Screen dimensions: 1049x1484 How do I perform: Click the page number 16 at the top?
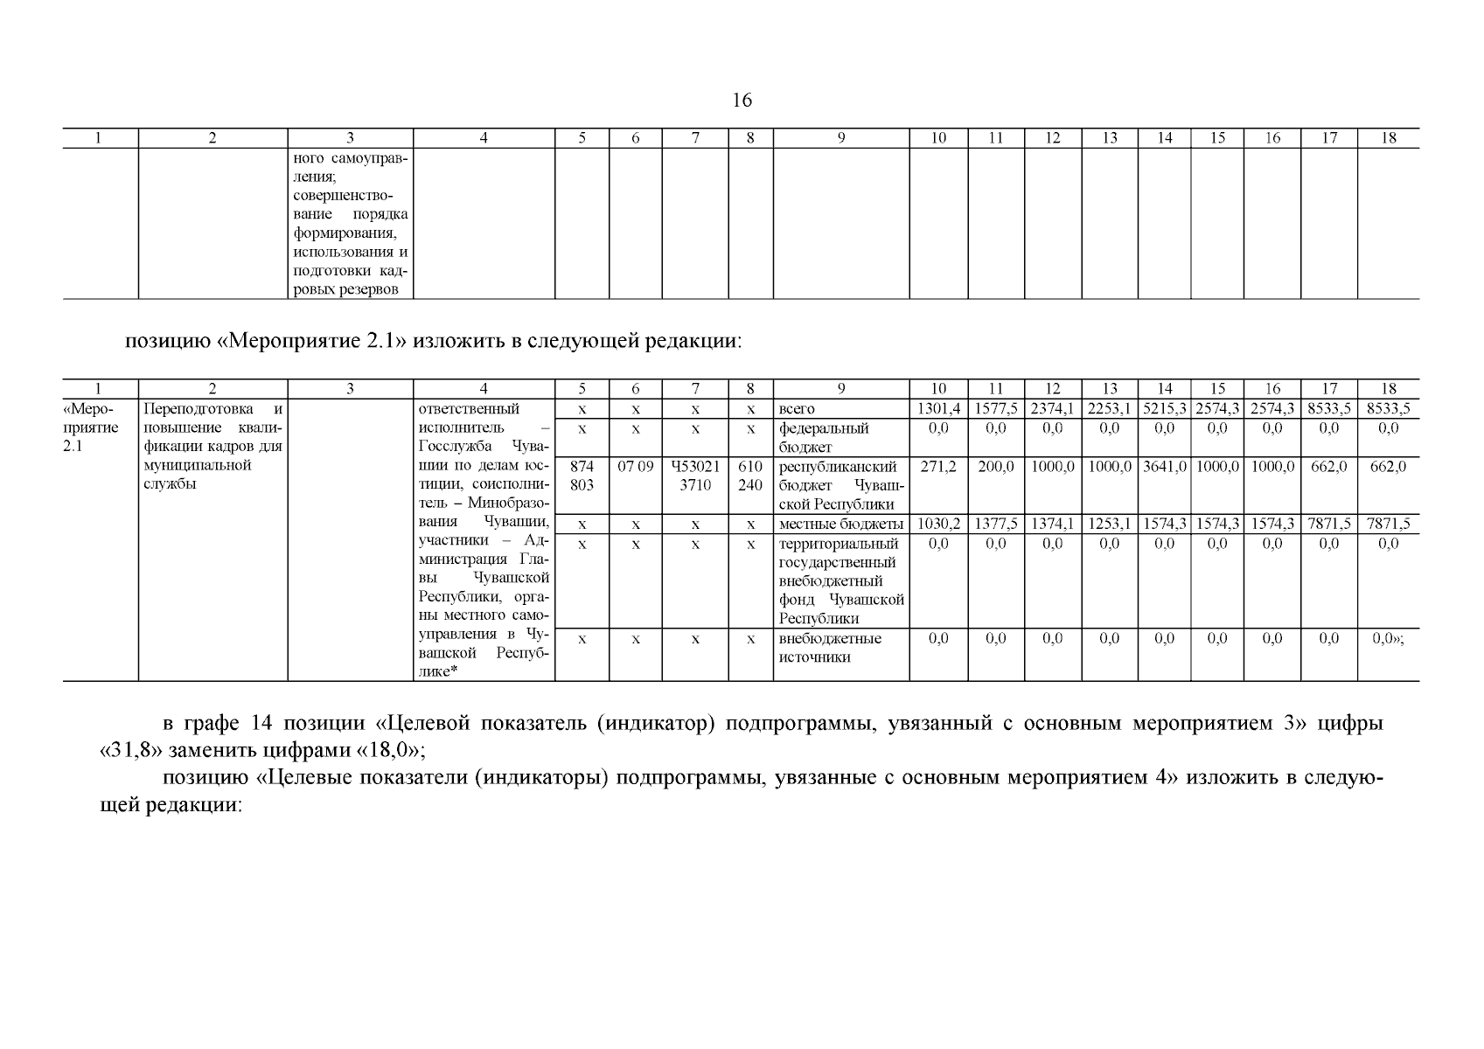tap(741, 101)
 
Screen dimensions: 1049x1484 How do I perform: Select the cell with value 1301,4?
tap(938, 409)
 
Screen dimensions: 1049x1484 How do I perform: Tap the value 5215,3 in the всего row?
tap(1165, 409)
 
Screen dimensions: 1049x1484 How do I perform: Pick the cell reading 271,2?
tap(938, 467)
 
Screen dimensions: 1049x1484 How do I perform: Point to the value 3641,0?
tap(1165, 467)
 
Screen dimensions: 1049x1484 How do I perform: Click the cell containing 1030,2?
tap(938, 524)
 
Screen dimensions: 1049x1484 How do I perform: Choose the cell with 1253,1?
tap(1109, 524)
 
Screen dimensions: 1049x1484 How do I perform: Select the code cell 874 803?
tap(582, 476)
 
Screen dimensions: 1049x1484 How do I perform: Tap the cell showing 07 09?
tap(636, 467)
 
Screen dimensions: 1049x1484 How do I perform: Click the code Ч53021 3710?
tap(695, 476)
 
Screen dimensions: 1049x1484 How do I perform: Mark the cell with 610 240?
tap(750, 476)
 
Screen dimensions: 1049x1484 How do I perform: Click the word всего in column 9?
tap(797, 409)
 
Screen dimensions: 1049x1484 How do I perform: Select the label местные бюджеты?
tap(840, 524)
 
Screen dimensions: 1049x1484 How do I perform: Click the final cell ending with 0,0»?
tap(1388, 639)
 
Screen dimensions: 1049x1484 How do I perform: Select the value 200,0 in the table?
tap(995, 467)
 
